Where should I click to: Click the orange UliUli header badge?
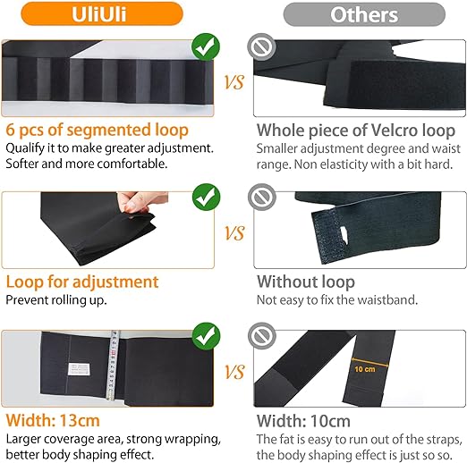pos(102,13)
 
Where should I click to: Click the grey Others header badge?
pos(364,14)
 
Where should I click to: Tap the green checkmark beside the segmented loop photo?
pos(206,47)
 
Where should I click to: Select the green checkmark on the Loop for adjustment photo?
pos(206,198)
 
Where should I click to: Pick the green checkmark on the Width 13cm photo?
pos(206,336)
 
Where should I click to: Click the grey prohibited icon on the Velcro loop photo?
pos(261,47)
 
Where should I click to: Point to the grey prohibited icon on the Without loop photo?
pos(262,198)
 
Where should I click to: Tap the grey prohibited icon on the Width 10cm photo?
pos(262,336)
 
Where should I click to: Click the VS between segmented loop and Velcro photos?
pos(234,82)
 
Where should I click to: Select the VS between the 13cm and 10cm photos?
pos(234,372)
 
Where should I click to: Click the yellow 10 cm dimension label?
pos(365,369)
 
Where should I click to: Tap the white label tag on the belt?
pos(78,369)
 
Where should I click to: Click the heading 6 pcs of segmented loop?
pos(98,130)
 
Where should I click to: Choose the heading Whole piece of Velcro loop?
pos(356,130)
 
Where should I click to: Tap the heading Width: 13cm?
pos(53,421)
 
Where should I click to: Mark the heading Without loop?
pos(306,282)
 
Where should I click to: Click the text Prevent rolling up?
pos(56,300)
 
